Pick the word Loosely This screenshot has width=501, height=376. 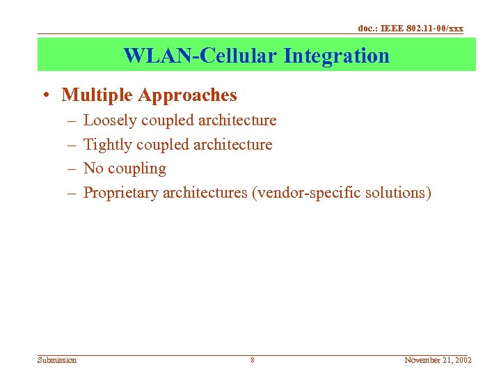tap(110, 120)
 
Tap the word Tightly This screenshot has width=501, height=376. tap(108, 145)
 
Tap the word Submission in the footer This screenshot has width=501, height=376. tap(57, 360)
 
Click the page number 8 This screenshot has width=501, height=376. tap(252, 360)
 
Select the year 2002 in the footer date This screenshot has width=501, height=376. tap(461, 360)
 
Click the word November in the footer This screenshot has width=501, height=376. tap(422, 360)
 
